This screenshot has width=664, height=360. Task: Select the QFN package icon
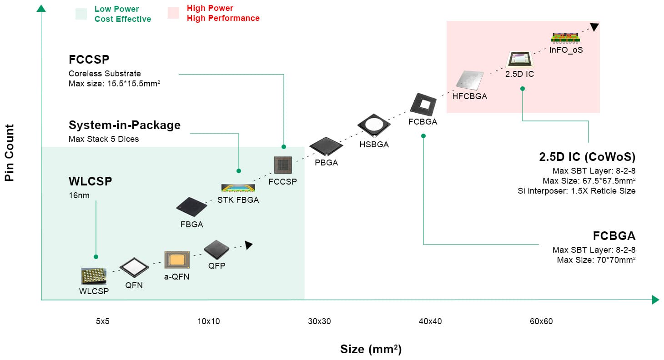pos(134,267)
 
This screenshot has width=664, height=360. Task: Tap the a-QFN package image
pos(176,260)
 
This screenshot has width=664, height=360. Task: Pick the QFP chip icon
pos(216,250)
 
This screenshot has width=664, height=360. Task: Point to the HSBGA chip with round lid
pos(374,125)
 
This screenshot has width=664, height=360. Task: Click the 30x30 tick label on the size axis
pos(319,321)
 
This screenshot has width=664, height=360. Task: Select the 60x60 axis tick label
pos(541,321)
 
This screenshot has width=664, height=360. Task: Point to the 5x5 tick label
pos(103,321)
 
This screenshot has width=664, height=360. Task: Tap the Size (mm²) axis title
pos(371,349)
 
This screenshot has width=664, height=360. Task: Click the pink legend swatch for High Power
pos(173,14)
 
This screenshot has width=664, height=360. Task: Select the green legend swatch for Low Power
pos(81,14)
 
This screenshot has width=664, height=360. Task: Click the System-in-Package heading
pos(124,125)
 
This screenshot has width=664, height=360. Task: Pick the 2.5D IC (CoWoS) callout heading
pos(587,157)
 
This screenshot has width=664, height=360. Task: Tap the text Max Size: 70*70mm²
pos(596,260)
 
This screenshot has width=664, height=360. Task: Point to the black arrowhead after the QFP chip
pos(248,245)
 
